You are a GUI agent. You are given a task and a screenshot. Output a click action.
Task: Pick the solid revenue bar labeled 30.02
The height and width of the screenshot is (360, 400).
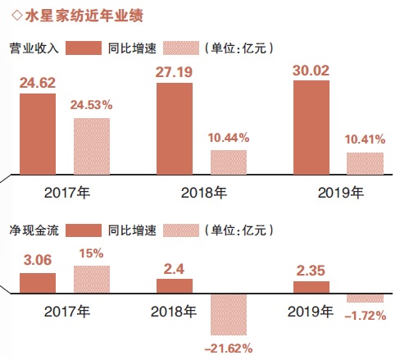(311, 127)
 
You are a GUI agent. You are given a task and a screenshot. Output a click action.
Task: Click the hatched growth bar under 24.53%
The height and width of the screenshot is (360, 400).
(92, 146)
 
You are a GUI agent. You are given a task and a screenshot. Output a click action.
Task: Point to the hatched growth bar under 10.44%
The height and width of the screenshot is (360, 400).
(228, 162)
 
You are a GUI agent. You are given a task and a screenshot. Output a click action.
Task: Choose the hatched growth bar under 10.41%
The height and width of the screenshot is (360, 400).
(365, 163)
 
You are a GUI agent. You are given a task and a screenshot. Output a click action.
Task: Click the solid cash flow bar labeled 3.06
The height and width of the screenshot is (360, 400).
(38, 283)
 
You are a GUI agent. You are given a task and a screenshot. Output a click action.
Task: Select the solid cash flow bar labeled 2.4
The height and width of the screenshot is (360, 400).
(174, 285)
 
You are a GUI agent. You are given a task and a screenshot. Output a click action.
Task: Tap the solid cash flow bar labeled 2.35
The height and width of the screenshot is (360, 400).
(311, 286)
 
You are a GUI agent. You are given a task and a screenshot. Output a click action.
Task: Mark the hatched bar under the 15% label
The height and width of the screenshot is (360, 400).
(92, 279)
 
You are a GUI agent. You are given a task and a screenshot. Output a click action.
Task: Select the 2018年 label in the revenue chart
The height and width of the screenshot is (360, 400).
(202, 194)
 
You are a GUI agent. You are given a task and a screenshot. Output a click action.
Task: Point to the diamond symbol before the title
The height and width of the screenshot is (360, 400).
(8, 15)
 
